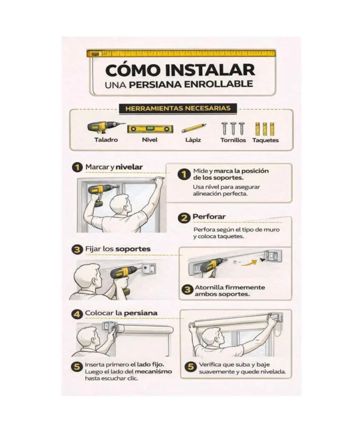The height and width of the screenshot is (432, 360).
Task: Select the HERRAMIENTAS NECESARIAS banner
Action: (x=181, y=109)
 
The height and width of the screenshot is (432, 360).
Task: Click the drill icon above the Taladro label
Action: (x=106, y=127)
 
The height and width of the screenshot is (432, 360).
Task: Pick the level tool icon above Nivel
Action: (x=149, y=128)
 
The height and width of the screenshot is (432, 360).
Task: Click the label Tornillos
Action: (x=233, y=140)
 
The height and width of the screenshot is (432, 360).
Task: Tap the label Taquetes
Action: (x=265, y=140)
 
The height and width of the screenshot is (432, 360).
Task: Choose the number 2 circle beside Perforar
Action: (x=184, y=217)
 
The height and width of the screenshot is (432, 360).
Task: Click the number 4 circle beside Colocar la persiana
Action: (x=77, y=313)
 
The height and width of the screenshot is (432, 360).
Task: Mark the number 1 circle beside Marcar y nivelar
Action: (x=77, y=167)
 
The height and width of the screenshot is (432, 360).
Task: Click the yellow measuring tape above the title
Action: (x=181, y=53)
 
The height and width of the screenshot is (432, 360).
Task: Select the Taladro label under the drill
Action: (x=106, y=140)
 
